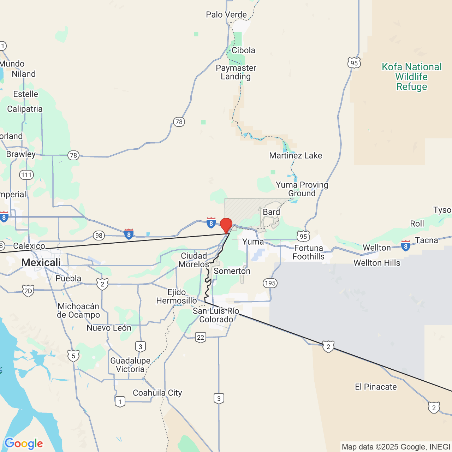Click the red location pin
coord(226,225)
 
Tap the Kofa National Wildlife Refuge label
coord(411,77)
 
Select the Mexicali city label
coord(41,262)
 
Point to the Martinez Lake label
coord(296,155)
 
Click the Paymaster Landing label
coord(236,72)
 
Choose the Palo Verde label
coord(226,14)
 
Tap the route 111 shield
coord(26,175)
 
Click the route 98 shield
coord(99,236)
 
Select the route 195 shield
coord(270,283)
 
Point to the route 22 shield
coord(201,337)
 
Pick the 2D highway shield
coord(28,291)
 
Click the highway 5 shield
coord(73,356)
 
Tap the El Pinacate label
coord(376,387)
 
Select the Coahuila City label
coord(157,393)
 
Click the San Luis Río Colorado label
coord(216,315)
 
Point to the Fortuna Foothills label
coord(309,252)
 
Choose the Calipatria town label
coord(25,109)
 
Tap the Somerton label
coord(232,271)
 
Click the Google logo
coord(24,444)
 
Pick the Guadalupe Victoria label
coord(130,365)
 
